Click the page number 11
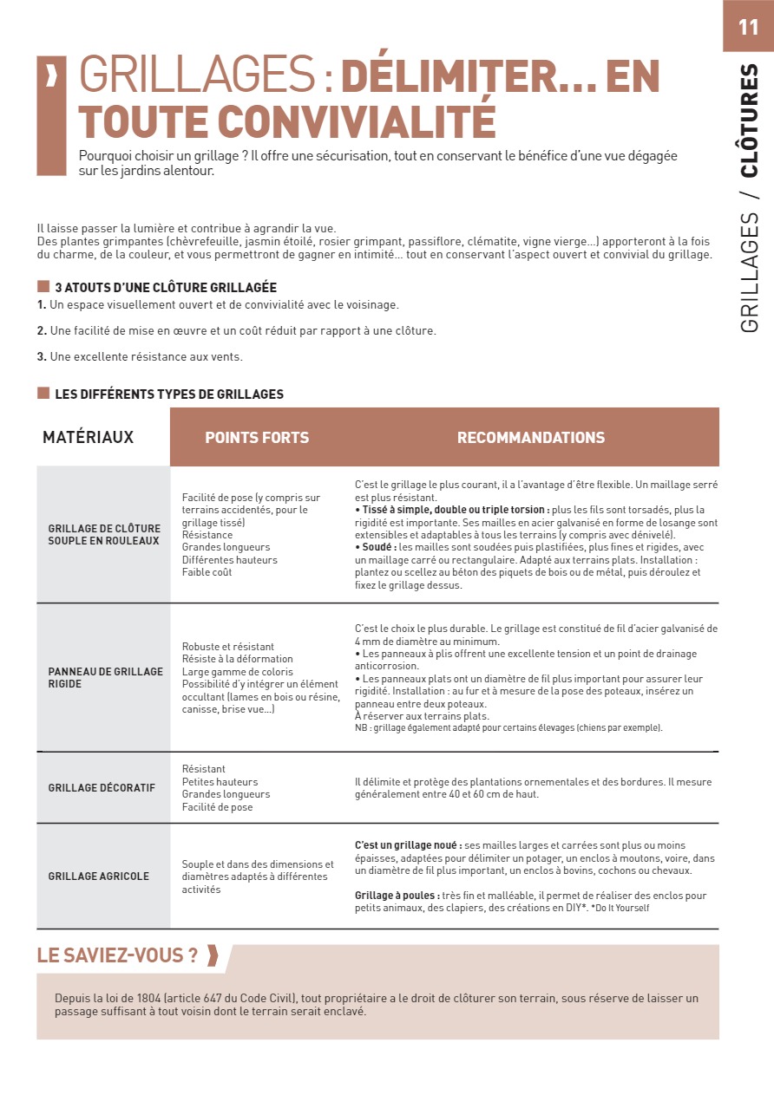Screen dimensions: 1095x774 tap(748, 27)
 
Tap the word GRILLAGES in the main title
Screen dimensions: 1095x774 tap(196, 77)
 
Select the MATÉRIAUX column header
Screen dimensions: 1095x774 tap(89, 437)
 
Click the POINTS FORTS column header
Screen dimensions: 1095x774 tap(257, 438)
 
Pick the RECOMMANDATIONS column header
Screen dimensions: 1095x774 tap(531, 438)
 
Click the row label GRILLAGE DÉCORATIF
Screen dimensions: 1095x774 tap(102, 788)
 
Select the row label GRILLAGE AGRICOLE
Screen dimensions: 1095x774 tap(99, 877)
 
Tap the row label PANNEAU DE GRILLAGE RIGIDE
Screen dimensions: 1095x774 tap(105, 677)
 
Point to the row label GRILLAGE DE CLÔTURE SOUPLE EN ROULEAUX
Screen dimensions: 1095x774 tap(104, 534)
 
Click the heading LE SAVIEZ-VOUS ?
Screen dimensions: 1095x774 tap(117, 956)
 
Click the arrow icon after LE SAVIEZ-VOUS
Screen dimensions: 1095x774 tap(213, 956)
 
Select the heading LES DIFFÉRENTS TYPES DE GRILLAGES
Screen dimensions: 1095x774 tap(169, 394)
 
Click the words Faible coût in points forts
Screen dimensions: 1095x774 tap(207, 572)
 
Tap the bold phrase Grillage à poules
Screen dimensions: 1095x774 tap(396, 896)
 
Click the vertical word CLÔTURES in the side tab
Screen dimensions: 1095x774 tap(750, 120)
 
